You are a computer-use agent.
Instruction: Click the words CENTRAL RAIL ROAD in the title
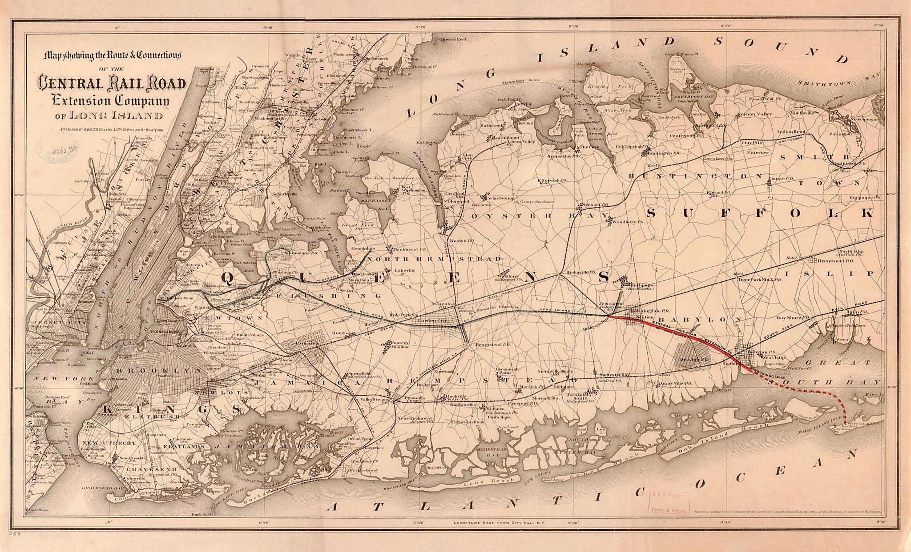pos(112,84)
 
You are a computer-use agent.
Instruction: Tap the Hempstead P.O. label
pos(490,344)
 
